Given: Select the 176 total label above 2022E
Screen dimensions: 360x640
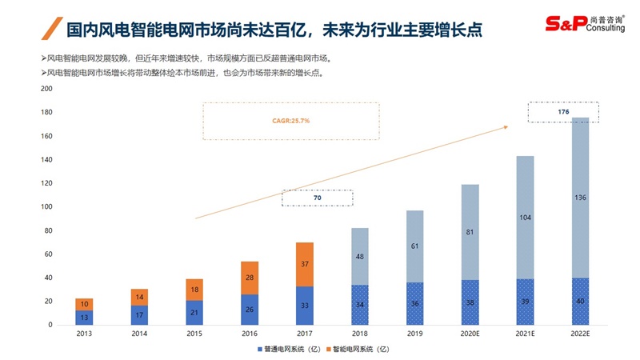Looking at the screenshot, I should pos(563,112).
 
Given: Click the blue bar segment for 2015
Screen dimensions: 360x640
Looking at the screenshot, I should pos(194,312).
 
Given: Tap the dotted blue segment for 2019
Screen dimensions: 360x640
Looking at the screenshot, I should pos(415,303).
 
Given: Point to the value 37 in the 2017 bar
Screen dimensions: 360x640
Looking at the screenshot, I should pos(304,264).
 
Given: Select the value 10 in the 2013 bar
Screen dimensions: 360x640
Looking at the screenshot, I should pos(83,304).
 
